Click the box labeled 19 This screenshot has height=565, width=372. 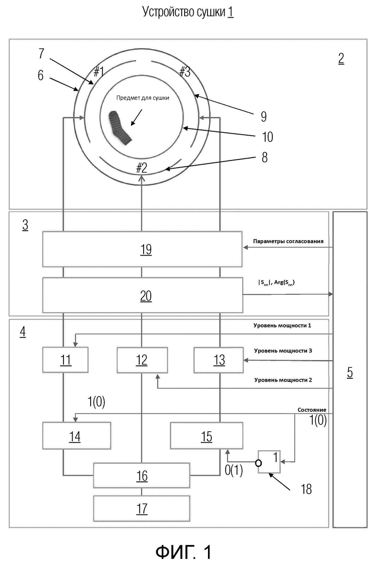click(x=142, y=249)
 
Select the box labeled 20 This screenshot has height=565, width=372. click(x=142, y=295)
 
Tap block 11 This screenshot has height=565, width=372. click(x=65, y=360)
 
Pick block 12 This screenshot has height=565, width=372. click(x=142, y=360)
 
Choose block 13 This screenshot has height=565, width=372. click(x=218, y=360)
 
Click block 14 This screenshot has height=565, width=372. click(x=77, y=436)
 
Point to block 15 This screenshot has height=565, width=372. click(x=207, y=436)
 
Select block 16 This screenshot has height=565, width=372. click(x=142, y=475)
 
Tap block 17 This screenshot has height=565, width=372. click(x=142, y=509)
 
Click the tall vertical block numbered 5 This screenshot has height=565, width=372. click(x=350, y=369)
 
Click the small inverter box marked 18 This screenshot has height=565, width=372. click(x=269, y=461)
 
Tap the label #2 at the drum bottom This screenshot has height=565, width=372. click(x=142, y=168)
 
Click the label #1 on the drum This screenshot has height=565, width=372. click(x=99, y=72)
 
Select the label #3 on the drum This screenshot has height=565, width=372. click(x=185, y=72)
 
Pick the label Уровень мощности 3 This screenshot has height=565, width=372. click(x=283, y=351)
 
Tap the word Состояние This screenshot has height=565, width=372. click(x=312, y=410)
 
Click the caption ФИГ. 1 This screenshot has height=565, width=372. click(x=184, y=551)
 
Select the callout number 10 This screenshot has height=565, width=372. click(x=267, y=137)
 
